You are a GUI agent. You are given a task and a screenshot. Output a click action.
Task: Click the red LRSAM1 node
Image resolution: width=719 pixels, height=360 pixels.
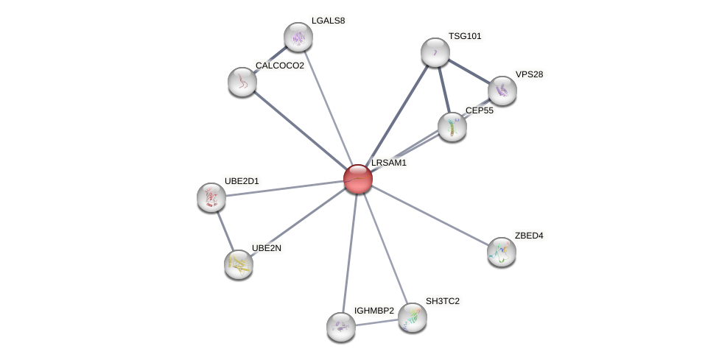click(358, 179)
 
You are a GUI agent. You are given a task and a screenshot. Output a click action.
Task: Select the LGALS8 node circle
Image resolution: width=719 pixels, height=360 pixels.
click(298, 37)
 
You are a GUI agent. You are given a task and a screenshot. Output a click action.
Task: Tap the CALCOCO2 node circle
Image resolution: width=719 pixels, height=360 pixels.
click(242, 82)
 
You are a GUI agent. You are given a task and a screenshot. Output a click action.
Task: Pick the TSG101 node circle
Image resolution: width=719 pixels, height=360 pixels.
click(435, 52)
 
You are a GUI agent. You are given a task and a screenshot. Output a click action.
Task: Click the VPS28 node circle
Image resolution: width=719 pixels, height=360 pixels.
click(502, 91)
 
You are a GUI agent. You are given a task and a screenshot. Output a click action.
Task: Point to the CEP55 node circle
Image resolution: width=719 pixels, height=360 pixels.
click(452, 127)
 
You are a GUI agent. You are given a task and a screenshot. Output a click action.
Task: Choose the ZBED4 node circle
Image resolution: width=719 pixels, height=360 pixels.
click(502, 252)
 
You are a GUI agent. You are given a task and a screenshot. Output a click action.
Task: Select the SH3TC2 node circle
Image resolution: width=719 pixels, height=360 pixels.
click(413, 317)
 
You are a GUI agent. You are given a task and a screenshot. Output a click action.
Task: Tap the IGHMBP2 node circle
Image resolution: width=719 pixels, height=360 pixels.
click(341, 327)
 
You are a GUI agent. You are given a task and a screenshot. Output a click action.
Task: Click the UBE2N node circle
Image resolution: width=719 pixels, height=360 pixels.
click(239, 264)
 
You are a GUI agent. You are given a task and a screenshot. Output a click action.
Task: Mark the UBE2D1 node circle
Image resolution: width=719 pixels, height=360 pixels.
click(211, 197)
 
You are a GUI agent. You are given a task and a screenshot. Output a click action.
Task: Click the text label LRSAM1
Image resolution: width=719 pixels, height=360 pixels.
click(389, 163)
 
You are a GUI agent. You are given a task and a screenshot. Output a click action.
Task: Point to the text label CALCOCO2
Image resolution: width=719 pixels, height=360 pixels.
click(280, 66)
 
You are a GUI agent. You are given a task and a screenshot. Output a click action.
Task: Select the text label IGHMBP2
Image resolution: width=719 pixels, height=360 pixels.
click(374, 311)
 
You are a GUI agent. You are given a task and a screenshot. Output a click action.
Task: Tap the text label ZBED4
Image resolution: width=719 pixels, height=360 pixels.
click(529, 236)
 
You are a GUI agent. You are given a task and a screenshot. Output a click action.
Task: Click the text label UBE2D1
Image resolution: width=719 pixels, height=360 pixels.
click(242, 181)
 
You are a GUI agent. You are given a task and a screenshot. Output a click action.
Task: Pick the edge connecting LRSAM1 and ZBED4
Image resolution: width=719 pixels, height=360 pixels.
click(430, 216)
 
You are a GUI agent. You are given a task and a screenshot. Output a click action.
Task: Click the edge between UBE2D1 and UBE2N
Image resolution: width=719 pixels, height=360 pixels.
click(225, 230)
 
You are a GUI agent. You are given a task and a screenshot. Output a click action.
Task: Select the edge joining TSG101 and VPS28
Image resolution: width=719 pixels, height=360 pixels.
click(469, 71)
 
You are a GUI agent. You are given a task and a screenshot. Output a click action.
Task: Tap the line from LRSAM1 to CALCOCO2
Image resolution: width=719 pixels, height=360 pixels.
click(300, 130)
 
